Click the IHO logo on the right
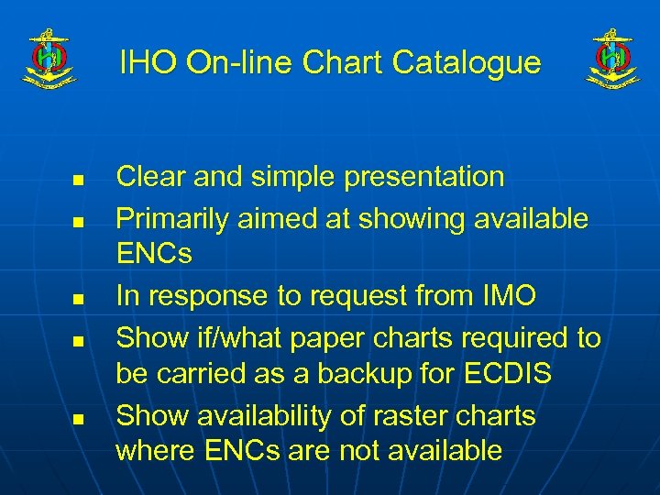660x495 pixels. pos(612,60)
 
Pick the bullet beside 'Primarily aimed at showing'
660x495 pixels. pos(79,221)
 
